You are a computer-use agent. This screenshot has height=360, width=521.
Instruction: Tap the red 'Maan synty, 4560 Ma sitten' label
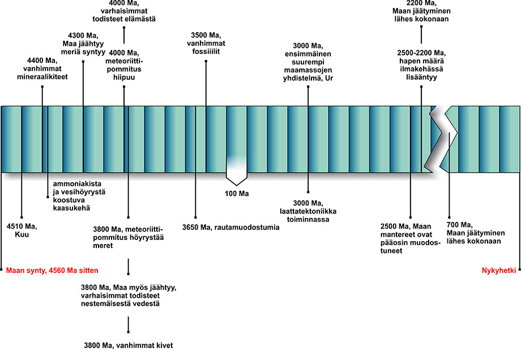pos(48,271)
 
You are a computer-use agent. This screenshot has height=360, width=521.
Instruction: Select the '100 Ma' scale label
pos(237,194)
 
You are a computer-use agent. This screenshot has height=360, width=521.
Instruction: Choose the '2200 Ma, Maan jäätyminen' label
pos(421,11)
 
